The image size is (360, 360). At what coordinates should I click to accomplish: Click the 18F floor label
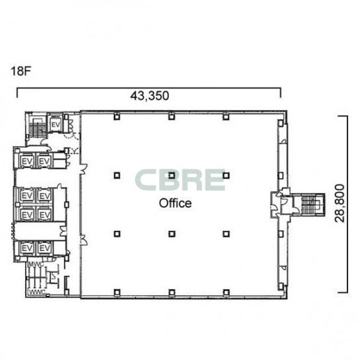21,71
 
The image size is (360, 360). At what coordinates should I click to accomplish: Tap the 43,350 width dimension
150,96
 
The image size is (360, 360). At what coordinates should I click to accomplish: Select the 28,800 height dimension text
339,203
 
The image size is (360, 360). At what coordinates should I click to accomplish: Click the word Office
175,203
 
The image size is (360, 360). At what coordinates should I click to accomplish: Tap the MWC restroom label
35,265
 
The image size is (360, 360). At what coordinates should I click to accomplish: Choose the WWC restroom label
37,292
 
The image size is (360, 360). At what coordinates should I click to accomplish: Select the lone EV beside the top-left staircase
56,125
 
